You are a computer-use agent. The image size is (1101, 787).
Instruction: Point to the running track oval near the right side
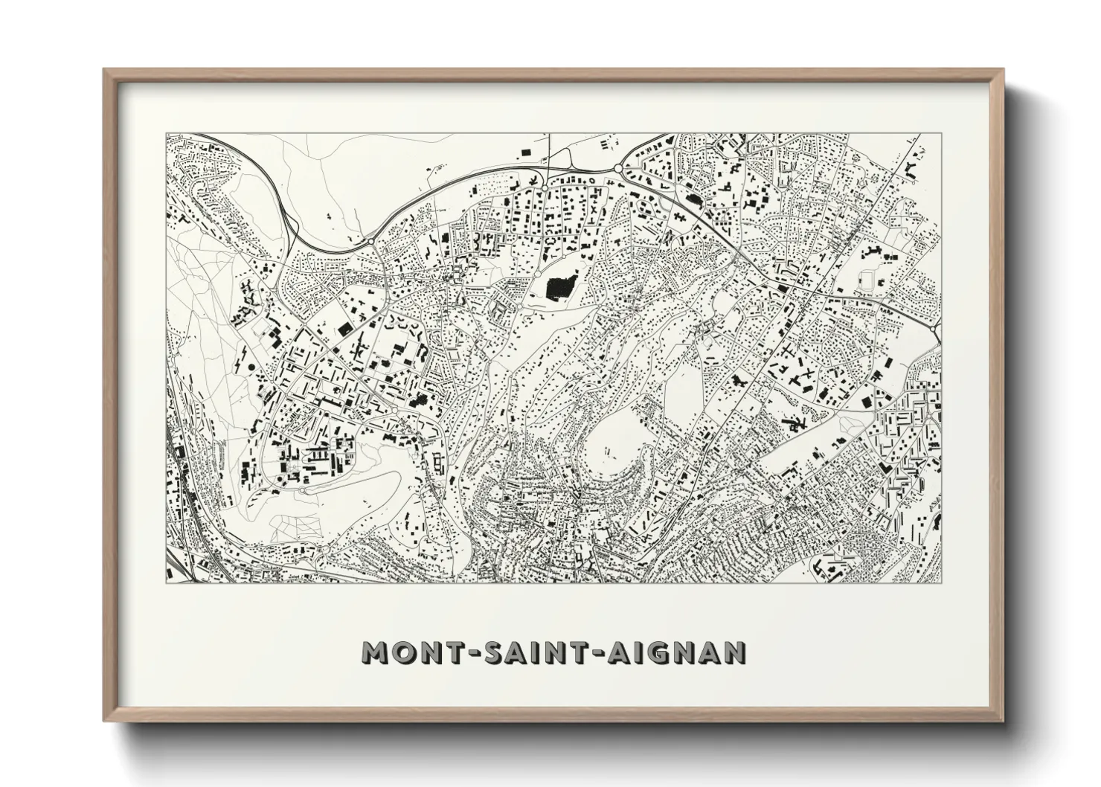(x=868, y=280)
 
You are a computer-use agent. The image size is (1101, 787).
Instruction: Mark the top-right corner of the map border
(x=942, y=134)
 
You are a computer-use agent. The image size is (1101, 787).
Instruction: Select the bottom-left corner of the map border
(x=167, y=582)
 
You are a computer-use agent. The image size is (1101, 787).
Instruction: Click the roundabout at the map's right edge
(x=932, y=328)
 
